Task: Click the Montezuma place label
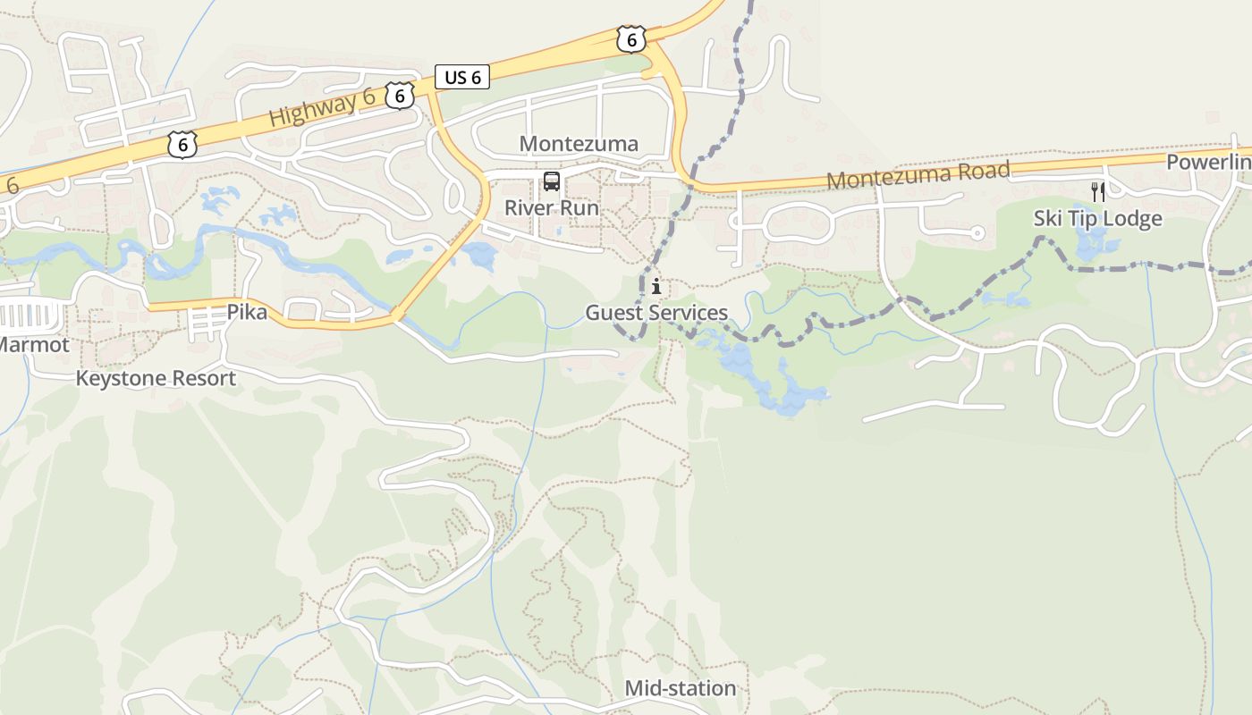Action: [x=579, y=144]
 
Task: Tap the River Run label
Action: [x=552, y=208]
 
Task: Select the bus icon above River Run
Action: [x=552, y=182]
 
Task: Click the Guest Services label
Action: [x=656, y=313]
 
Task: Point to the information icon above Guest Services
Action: [x=656, y=287]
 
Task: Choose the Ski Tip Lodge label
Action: [x=1097, y=219]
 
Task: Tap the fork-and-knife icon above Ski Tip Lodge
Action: [x=1098, y=191]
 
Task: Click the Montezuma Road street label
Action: [x=918, y=175]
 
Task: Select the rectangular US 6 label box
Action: [x=462, y=78]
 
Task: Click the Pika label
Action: [x=247, y=313]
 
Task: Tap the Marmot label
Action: [x=33, y=344]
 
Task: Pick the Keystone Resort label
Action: [x=156, y=378]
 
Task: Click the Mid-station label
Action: [x=680, y=688]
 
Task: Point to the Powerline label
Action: [x=1208, y=162]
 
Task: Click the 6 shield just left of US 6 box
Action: [x=400, y=95]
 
